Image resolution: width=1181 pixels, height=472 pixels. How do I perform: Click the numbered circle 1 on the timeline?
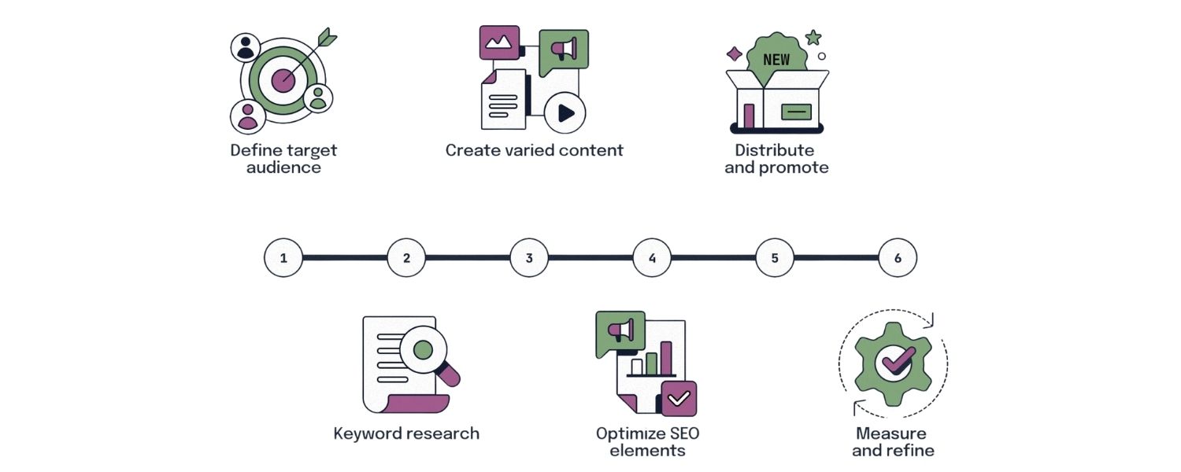point(283,257)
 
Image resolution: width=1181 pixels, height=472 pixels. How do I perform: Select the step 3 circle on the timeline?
point(529,257)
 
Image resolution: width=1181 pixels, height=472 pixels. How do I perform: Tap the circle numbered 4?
point(652,257)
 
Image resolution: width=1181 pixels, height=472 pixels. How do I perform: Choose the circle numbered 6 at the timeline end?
point(898,257)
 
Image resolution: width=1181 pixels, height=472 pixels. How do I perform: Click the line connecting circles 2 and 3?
point(468,257)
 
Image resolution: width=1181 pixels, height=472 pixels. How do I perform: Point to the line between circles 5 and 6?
point(836,257)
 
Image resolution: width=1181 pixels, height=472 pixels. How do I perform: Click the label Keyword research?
point(406,433)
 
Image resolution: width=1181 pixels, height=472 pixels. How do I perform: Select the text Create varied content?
point(534,149)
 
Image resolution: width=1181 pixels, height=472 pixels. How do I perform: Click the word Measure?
point(890,433)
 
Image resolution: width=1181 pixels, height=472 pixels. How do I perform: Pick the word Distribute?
point(774,149)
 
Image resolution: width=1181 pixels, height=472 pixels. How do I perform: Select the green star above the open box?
point(813,37)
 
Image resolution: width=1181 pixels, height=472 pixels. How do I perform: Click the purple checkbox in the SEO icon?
point(679,398)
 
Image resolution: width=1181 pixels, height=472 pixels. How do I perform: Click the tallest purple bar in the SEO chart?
point(666,358)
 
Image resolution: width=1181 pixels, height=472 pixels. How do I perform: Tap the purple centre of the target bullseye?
point(282,79)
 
